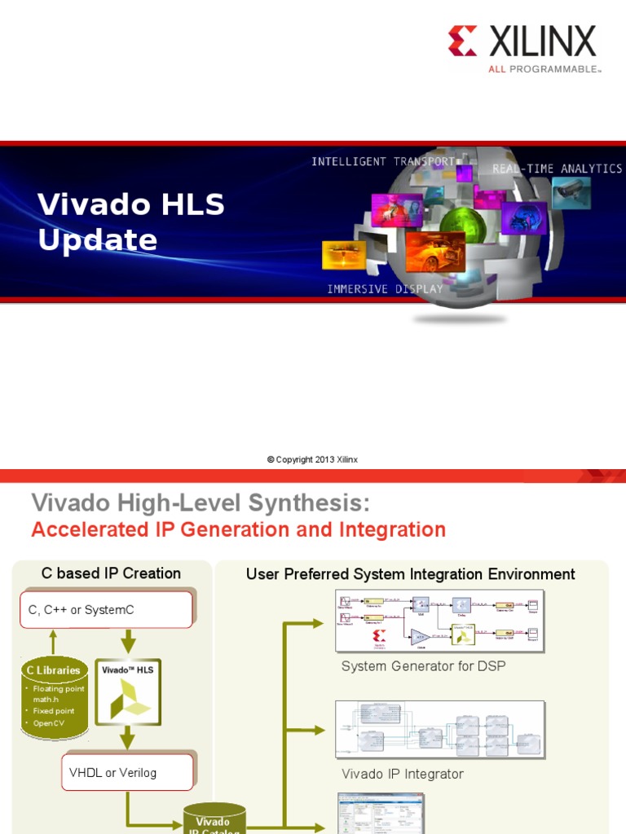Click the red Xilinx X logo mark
[x=462, y=41]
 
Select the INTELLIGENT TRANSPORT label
[x=382, y=162]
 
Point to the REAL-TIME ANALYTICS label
[x=557, y=169]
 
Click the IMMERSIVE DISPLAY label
[x=385, y=289]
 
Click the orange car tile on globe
[x=434, y=252]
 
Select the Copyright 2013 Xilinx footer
[x=312, y=459]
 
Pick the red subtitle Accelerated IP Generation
[x=238, y=530]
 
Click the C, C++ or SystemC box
[x=106, y=609]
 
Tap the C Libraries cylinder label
[x=54, y=670]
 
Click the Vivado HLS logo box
[x=128, y=692]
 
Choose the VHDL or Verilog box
[x=127, y=772]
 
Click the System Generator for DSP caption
[x=423, y=666]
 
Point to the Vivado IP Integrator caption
[x=402, y=774]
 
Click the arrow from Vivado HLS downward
[x=127, y=739]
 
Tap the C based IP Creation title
[x=111, y=573]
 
